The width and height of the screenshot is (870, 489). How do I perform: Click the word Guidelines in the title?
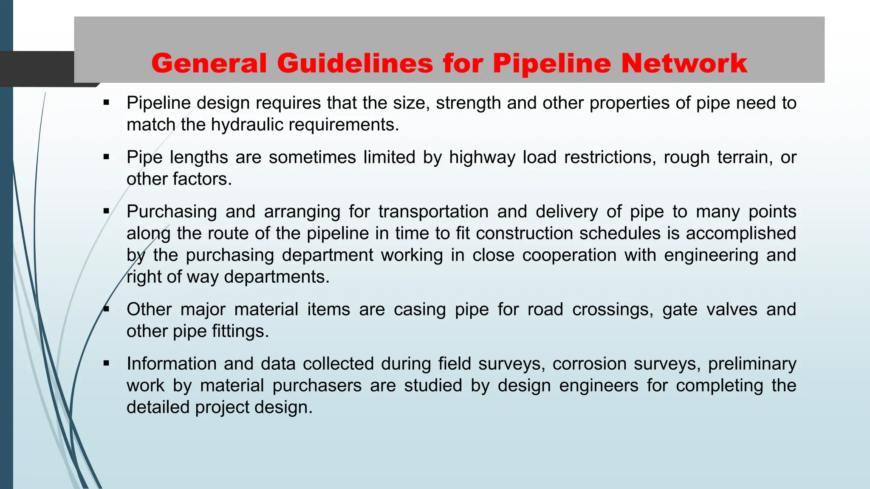(355, 64)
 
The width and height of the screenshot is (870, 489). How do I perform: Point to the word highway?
(482, 157)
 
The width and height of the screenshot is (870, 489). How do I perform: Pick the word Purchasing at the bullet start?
(172, 212)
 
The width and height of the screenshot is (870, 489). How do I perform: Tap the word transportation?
(433, 212)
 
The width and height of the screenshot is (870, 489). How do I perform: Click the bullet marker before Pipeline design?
(106, 103)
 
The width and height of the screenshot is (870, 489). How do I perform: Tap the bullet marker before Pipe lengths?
(106, 157)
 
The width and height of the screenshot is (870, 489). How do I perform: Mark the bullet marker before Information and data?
(106, 363)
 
